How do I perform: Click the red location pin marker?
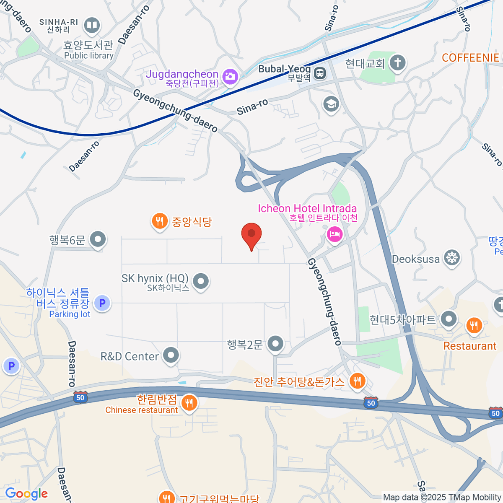tap(251, 234)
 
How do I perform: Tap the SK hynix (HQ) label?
tap(155, 278)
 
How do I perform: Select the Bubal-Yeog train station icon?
tap(320, 73)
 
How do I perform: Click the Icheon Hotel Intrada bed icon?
tap(334, 234)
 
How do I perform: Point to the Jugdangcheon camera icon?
tap(230, 76)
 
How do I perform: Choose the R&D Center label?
tap(130, 356)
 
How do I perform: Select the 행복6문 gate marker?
tap(98, 239)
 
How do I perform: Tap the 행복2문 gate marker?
tap(275, 344)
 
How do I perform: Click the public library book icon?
tap(91, 26)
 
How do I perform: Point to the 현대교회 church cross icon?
tap(397, 63)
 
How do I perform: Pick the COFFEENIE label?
tap(470, 58)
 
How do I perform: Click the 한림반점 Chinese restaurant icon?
tap(189, 403)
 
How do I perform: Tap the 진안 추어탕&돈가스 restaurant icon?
tap(357, 381)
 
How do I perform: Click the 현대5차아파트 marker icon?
tap(449, 319)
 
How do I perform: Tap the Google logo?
tap(26, 494)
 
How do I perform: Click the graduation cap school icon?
tap(331, 104)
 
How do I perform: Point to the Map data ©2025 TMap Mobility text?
tap(442, 498)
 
